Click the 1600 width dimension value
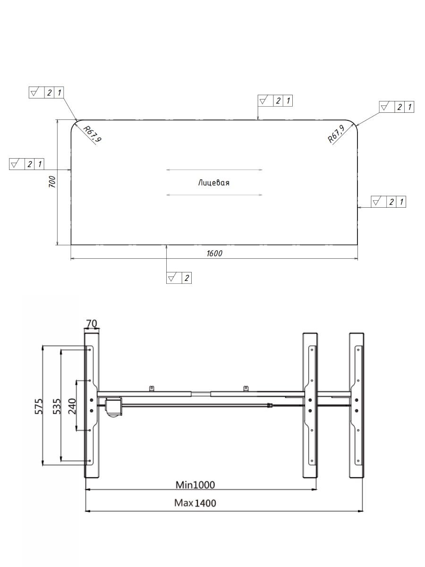tap(214, 253)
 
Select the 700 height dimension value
tap(52, 182)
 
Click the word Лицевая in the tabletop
tap(213, 183)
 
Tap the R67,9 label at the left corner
tap(92, 134)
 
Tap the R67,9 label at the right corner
tap(336, 134)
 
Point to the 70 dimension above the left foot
tap(92, 323)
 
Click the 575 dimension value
tap(39, 406)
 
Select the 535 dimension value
tap(57, 406)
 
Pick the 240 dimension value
tap(72, 406)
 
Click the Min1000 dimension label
tap(195, 485)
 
